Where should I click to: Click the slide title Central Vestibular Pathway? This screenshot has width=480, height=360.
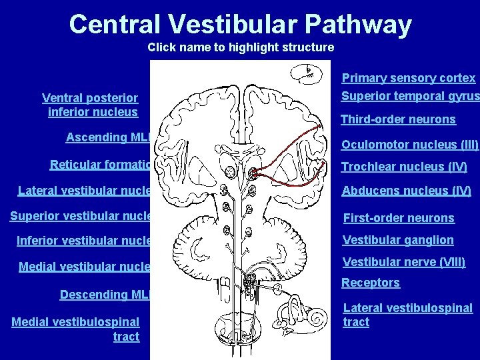240,25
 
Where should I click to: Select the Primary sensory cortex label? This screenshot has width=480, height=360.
409,78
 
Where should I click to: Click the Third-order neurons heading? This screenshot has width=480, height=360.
398,120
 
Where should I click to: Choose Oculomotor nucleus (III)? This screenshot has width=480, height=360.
410,145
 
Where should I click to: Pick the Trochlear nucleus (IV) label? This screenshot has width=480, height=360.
404,167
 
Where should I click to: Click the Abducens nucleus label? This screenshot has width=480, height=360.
406,191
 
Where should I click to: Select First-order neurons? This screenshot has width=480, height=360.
398,218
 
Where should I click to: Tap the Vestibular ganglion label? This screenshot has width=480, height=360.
397,240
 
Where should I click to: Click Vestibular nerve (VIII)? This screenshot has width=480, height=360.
403,262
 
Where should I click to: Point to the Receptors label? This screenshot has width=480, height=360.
371,283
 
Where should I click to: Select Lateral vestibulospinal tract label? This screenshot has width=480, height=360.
407,315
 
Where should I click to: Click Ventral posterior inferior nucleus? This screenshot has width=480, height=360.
91,105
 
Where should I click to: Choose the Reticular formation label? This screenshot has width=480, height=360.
100,165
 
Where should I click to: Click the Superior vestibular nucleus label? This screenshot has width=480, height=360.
80,215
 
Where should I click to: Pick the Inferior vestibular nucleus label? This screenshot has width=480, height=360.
83,240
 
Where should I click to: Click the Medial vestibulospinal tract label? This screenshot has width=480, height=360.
76,329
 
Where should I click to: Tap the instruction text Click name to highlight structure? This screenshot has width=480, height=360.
241,47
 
